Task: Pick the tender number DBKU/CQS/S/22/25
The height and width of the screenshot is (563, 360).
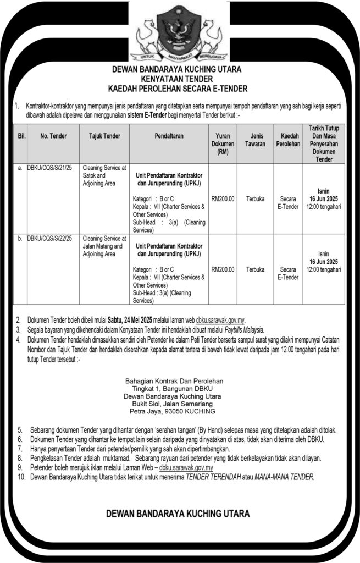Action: (51, 239)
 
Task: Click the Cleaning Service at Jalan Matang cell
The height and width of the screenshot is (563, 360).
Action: (104, 246)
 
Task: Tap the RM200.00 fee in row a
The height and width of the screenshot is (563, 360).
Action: (223, 198)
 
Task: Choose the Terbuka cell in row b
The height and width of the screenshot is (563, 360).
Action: (255, 270)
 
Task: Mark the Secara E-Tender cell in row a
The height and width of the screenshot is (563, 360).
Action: (288, 202)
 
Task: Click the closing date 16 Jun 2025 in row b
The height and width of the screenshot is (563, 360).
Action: (324, 262)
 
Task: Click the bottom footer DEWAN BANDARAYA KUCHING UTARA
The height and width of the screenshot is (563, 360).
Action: (178, 514)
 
